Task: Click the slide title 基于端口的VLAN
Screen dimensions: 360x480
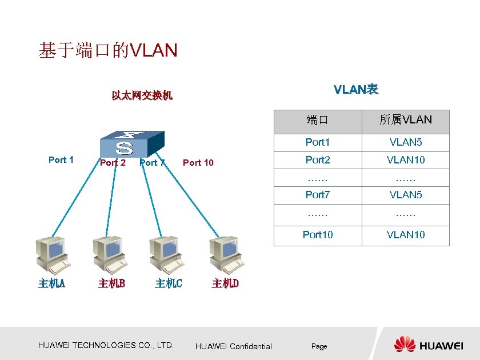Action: [108, 51]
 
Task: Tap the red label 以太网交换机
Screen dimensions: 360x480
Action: [142, 95]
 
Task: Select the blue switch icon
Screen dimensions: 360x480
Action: [131, 143]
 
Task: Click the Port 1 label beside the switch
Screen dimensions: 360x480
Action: [61, 160]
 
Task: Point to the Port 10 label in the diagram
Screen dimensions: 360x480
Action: [198, 163]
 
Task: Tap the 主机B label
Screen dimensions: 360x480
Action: [111, 283]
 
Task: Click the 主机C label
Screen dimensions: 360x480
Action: [169, 283]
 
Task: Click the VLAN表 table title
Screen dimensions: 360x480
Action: [356, 90]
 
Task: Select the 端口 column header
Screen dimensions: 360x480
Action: [318, 121]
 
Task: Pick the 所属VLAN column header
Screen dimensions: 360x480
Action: [406, 120]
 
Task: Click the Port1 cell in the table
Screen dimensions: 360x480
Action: [318, 142]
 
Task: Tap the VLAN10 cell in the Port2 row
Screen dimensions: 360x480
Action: [406, 160]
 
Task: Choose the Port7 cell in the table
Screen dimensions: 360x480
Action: [318, 195]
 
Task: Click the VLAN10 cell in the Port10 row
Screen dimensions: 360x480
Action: [406, 235]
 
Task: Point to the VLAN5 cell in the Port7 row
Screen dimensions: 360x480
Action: [406, 195]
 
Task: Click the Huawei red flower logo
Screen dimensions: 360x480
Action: [405, 345]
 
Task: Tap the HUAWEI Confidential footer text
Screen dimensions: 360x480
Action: [234, 346]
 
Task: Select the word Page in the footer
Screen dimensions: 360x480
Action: [319, 347]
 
